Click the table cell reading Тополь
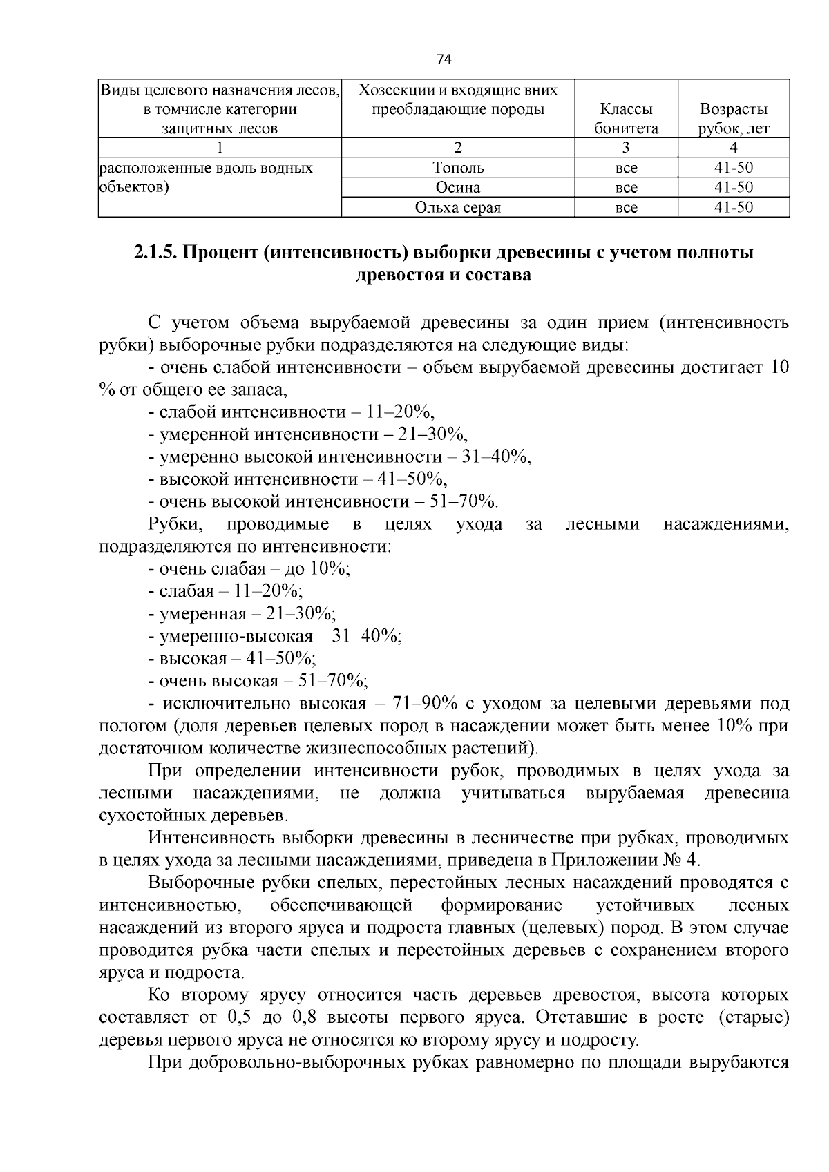coord(458,168)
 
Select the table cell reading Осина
coord(458,188)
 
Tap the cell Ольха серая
coord(458,208)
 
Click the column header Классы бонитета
coord(626,119)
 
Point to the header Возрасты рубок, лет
coord(733,119)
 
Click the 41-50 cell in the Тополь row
coord(733,168)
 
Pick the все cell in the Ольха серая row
coord(626,208)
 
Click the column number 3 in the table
coord(626,147)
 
